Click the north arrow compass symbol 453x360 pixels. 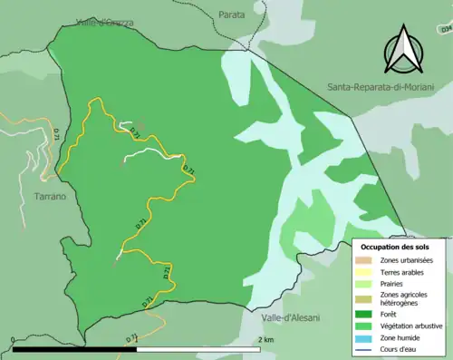403,50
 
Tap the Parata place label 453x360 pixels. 231,15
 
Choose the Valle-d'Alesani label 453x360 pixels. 288,318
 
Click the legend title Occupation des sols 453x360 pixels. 397,247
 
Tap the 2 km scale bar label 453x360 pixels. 265,339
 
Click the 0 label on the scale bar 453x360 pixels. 13,339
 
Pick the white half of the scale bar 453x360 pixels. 198,348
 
